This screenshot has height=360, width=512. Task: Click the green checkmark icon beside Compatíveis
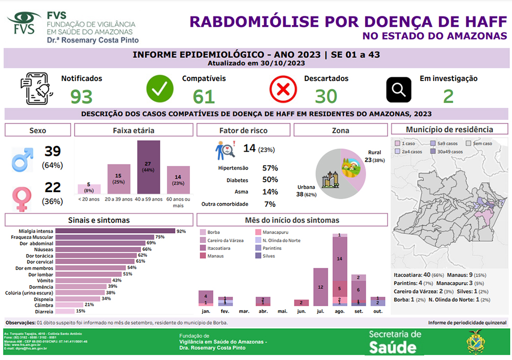pos(160,89)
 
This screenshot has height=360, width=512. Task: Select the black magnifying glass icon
pos(398,90)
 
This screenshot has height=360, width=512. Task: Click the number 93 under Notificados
pos(81,96)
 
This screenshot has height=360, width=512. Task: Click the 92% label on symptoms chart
pos(181,231)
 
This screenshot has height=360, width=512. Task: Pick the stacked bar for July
pos(321,287)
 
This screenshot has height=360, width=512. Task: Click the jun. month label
pos(301,311)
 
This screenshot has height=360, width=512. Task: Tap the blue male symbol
pos(23,159)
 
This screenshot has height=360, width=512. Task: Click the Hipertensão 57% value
pos(270,168)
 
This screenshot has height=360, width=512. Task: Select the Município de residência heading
pos(450,130)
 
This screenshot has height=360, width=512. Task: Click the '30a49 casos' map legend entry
pos(448,152)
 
